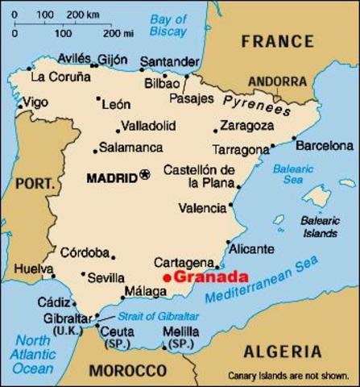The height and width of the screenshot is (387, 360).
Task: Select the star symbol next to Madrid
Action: coord(145,173)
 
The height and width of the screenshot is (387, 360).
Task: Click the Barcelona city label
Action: coord(324,146)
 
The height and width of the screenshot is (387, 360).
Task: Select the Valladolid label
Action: coord(148,126)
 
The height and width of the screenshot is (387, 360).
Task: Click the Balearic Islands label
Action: coord(320,227)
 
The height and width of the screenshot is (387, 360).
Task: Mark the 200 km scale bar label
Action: coord(78,14)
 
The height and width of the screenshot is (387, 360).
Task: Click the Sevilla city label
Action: coord(106,277)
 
